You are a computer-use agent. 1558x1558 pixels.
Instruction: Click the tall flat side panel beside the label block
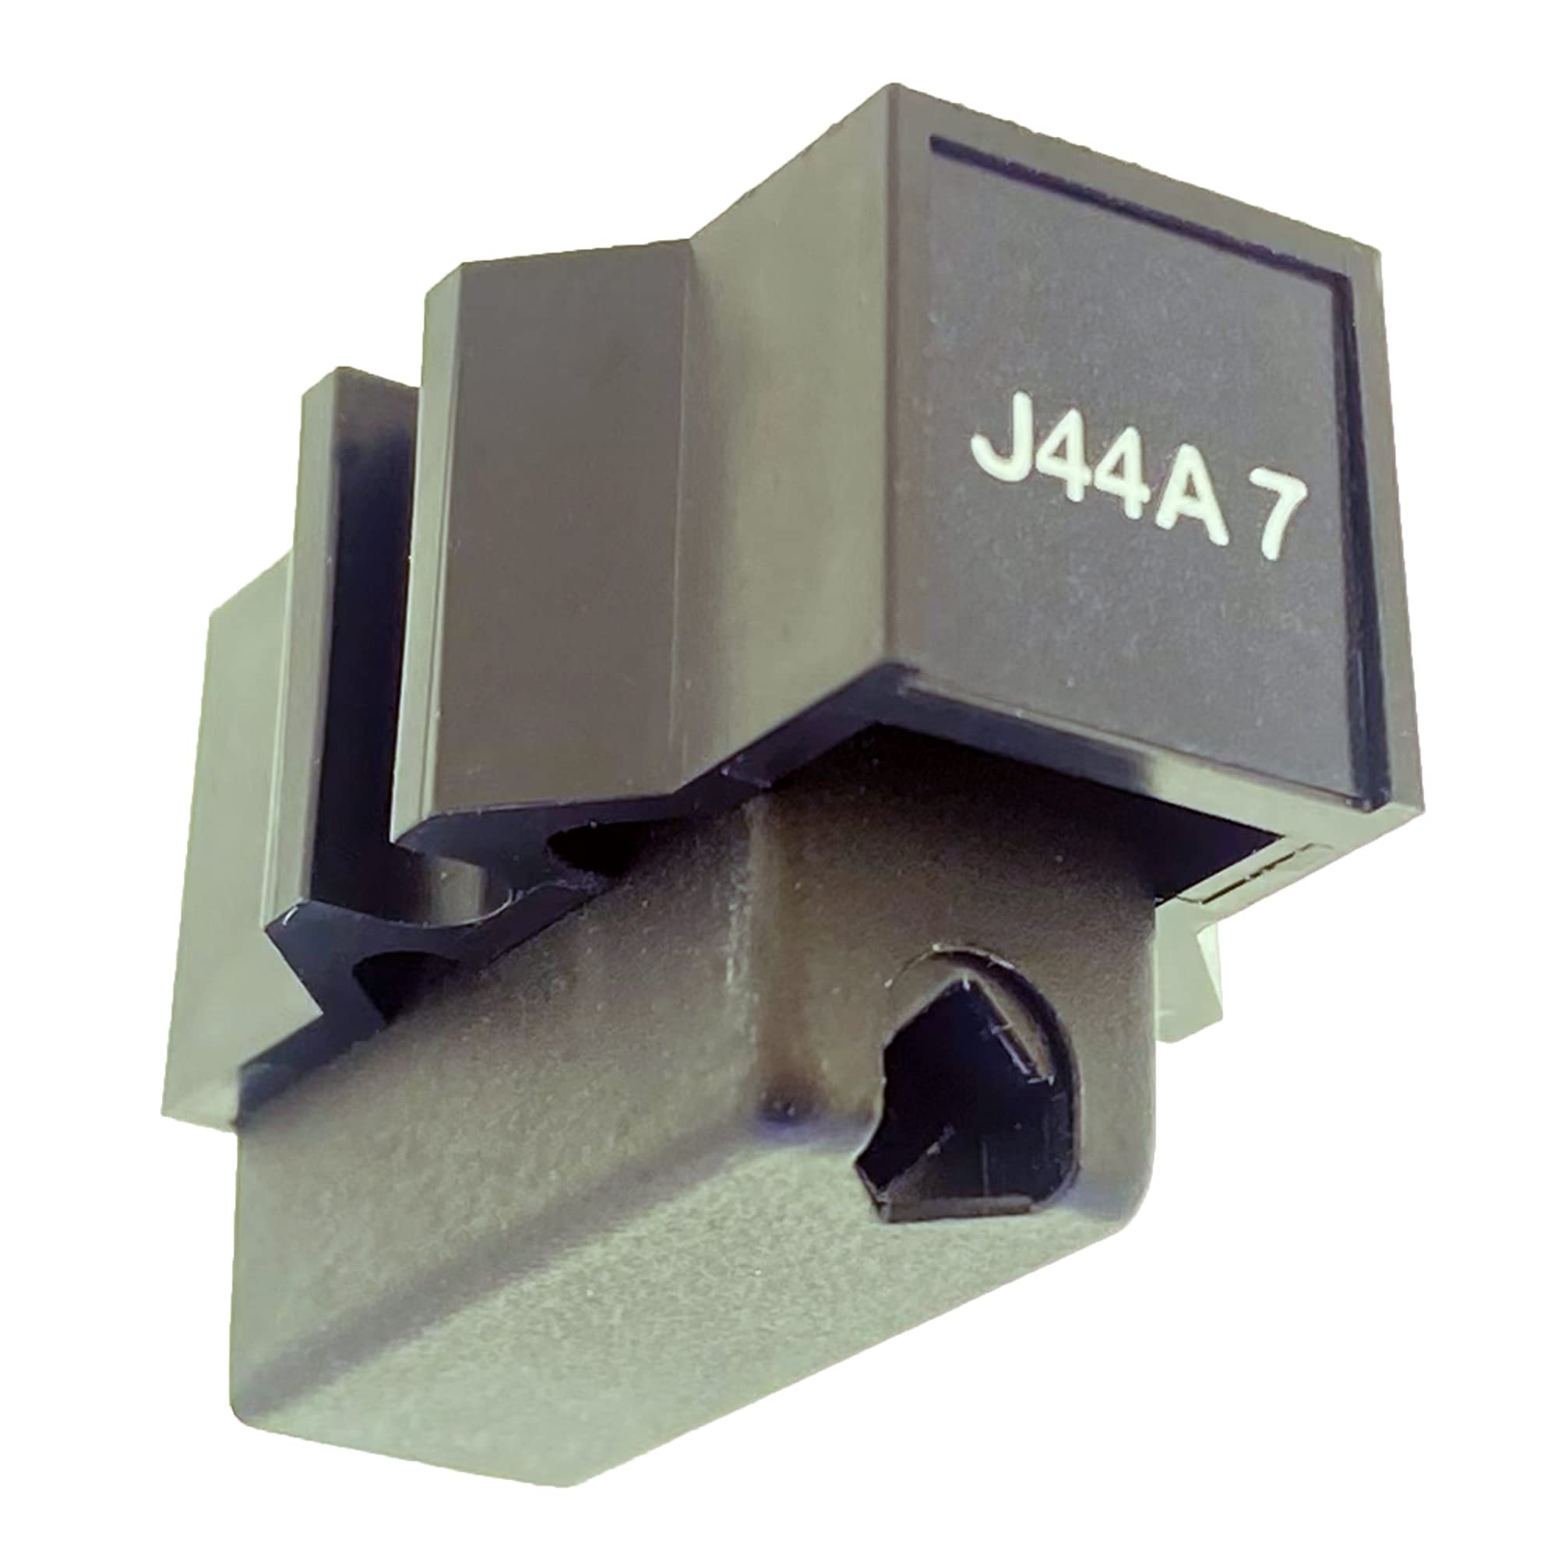pos(556,524)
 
